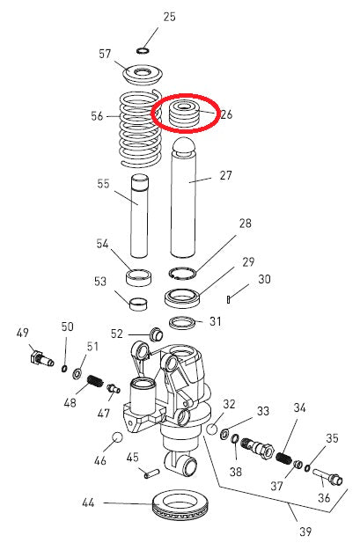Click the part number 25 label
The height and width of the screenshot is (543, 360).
click(x=170, y=17)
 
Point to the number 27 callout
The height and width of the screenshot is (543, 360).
click(x=225, y=176)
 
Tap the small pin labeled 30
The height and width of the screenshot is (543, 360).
click(x=228, y=299)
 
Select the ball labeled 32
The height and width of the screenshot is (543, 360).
click(x=212, y=429)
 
